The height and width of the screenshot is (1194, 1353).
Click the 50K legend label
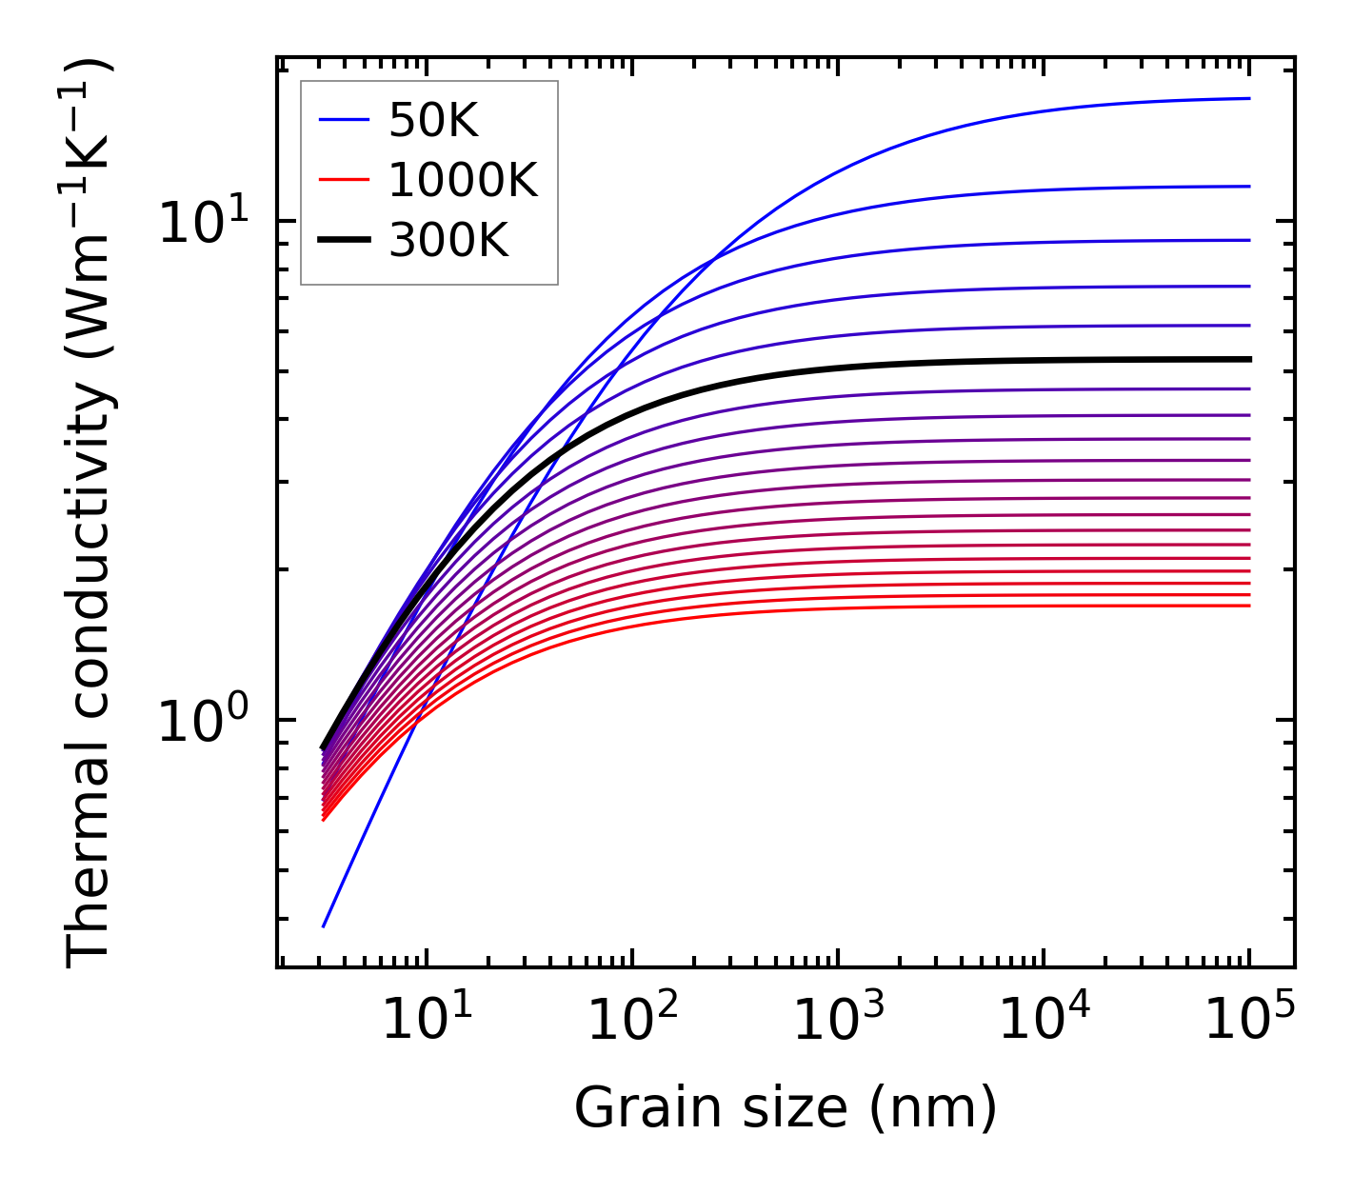click(x=433, y=121)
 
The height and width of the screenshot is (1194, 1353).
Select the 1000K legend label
click(x=463, y=181)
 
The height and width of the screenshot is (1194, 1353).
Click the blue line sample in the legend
click(x=343, y=121)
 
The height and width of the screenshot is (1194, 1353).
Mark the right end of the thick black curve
click(x=1249, y=359)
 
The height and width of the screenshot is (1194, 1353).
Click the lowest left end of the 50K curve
click(x=324, y=925)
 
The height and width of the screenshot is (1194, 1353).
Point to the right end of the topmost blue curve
click(x=1249, y=98)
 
